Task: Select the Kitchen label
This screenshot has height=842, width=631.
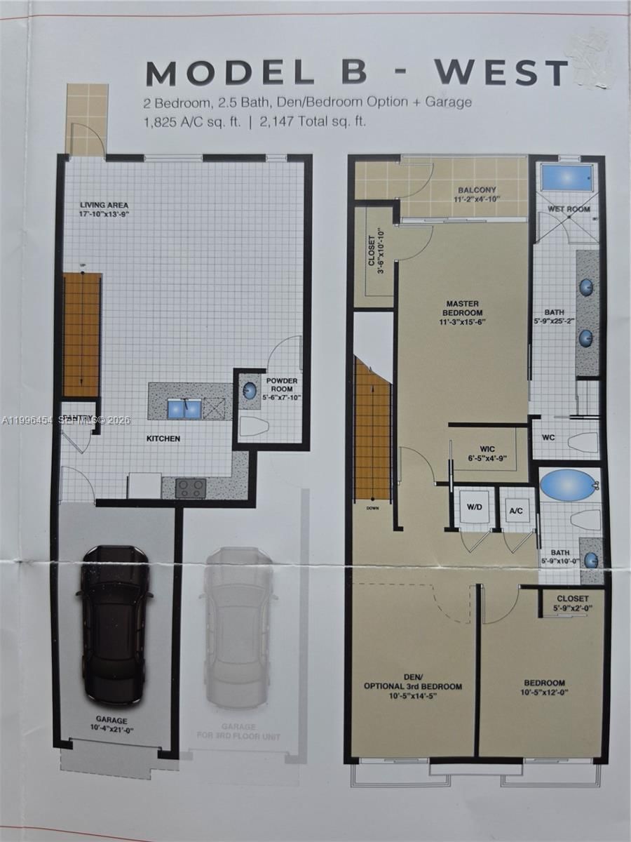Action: coord(163,439)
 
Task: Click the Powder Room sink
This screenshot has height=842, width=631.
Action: coord(250,392)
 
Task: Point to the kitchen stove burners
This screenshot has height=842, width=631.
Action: coord(191,488)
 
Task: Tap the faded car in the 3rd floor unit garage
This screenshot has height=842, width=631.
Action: coord(238,627)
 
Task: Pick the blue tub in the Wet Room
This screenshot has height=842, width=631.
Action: coord(566,179)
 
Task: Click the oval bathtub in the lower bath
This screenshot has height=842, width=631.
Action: coord(567,485)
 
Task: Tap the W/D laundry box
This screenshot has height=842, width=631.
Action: coord(473,507)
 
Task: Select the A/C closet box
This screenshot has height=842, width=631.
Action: coord(517,508)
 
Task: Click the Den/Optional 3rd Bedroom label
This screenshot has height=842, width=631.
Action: coord(412,681)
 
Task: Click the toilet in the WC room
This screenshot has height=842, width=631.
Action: coord(582,442)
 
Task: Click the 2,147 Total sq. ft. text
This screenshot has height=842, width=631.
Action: coord(313,122)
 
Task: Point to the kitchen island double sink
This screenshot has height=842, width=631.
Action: coord(184,409)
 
